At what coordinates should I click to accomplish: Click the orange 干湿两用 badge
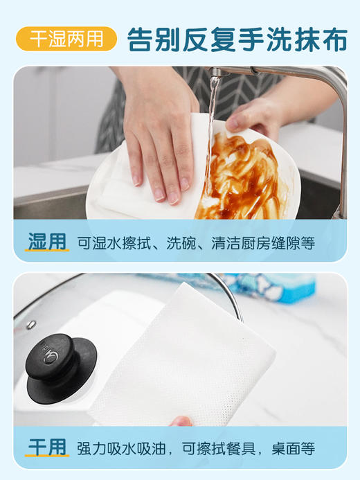click(x=66, y=39)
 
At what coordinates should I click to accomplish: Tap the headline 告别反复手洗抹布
click(x=237, y=39)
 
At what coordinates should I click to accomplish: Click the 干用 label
click(x=48, y=446)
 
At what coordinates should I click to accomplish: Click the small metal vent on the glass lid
click(x=31, y=324)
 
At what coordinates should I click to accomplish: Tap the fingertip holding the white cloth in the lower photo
click(x=181, y=420)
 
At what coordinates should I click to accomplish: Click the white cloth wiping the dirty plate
click(x=138, y=187)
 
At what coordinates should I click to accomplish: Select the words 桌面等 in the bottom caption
click(x=306, y=447)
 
